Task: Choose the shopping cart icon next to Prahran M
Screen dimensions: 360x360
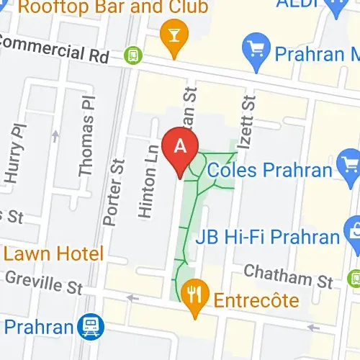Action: click(257, 53)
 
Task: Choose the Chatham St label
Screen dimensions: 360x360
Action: click(288, 275)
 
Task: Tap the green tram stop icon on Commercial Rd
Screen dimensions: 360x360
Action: click(132, 54)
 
